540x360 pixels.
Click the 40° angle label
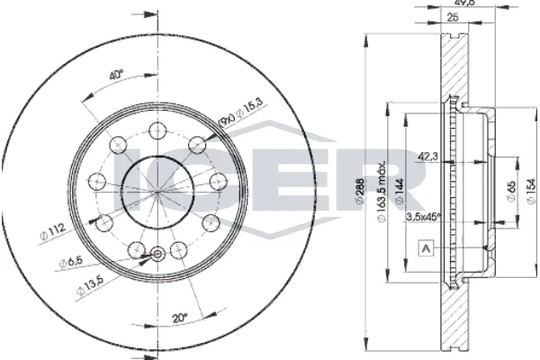coord(115,76)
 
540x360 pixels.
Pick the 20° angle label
coord(179,317)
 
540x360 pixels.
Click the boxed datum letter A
coord(426,247)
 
